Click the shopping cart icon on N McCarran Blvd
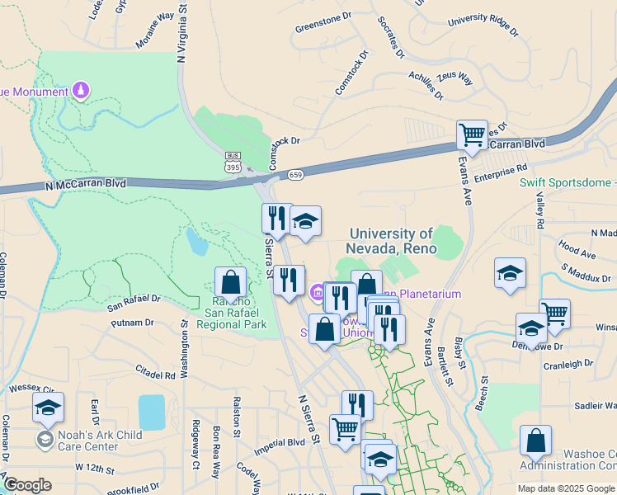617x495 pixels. click(x=472, y=134)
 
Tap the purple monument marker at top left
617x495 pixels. click(x=81, y=90)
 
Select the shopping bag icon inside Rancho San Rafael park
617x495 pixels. click(x=231, y=282)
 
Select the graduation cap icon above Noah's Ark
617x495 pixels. click(x=48, y=408)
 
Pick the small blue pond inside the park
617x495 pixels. click(x=196, y=241)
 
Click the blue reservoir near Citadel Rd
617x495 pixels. click(x=152, y=412)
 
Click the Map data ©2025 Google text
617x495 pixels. click(x=566, y=488)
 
